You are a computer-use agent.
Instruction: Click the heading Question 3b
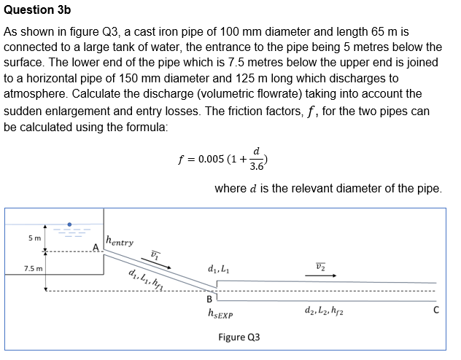tap(39, 10)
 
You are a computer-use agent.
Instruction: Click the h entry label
tap(120, 241)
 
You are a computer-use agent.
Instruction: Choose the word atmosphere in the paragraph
tap(36, 94)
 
